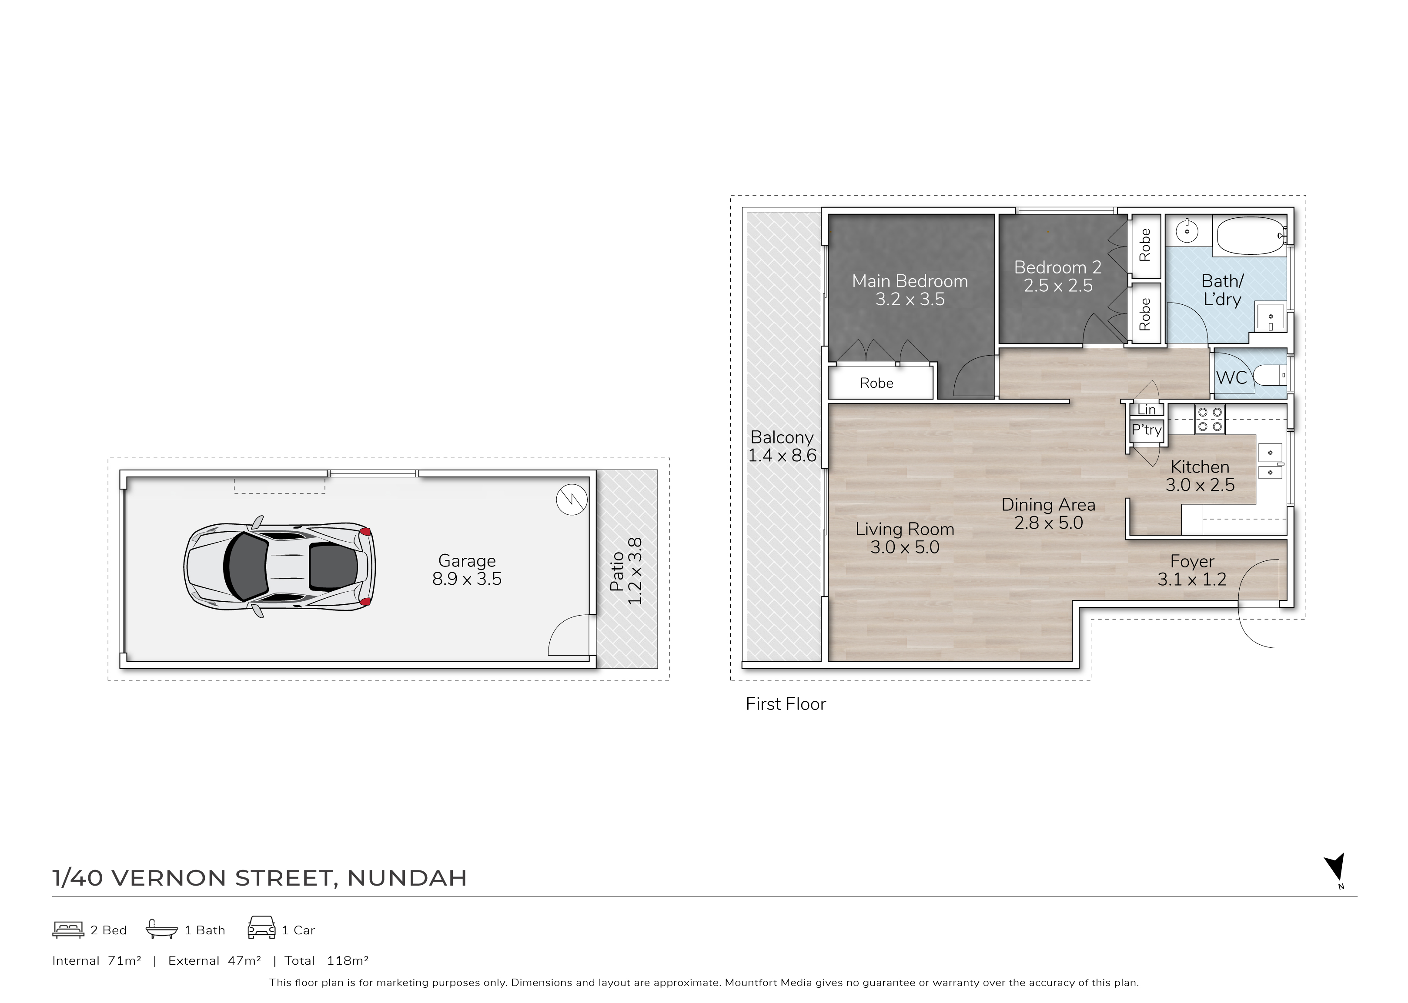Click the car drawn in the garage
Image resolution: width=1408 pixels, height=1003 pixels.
click(280, 566)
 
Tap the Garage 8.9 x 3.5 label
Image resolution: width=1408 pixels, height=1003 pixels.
click(467, 570)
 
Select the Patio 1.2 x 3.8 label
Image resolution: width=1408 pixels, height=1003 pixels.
click(626, 571)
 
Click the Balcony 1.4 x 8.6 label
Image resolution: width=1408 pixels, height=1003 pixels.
click(782, 446)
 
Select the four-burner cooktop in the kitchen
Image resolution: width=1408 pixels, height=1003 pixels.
click(1210, 420)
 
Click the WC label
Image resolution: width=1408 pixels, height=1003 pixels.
click(1231, 377)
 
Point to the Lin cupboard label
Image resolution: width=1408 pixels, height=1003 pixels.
click(1147, 410)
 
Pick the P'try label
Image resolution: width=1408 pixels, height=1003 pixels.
click(1147, 430)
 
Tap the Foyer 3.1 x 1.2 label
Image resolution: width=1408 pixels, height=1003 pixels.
click(1192, 570)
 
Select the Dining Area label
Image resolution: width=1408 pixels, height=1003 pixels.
click(1048, 514)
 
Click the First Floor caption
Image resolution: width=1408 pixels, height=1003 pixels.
click(785, 704)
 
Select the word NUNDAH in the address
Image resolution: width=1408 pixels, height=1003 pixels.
click(407, 878)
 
